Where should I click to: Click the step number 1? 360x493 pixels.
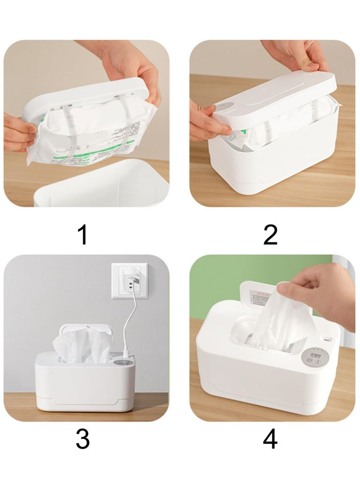pos(82,235)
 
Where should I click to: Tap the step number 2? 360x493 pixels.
pos(270,235)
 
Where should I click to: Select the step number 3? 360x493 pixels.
pos(82,439)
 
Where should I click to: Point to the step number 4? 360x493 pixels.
pos(270,439)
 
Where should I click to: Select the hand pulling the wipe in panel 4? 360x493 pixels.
pos(322,288)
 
